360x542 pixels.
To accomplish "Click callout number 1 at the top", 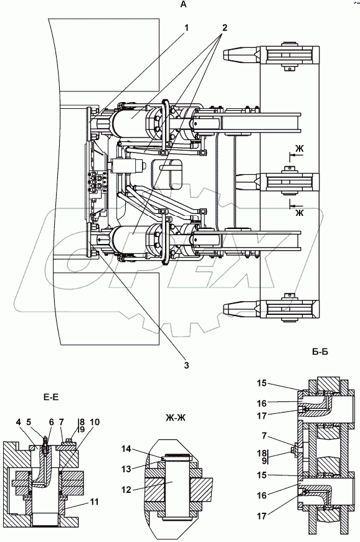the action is [186, 28].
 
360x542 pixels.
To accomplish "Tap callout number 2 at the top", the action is [224, 28].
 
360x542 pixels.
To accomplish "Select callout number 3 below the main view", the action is [186, 365].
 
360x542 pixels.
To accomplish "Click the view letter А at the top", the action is [183, 4].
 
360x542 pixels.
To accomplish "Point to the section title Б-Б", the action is [320, 352].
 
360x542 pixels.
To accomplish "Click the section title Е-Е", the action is [51, 398].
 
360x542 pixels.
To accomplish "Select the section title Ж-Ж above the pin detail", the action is [176, 418].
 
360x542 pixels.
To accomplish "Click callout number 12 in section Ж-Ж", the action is [127, 490].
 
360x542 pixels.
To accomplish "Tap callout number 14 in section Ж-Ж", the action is [126, 449].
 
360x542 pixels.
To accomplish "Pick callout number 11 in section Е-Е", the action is [93, 502].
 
